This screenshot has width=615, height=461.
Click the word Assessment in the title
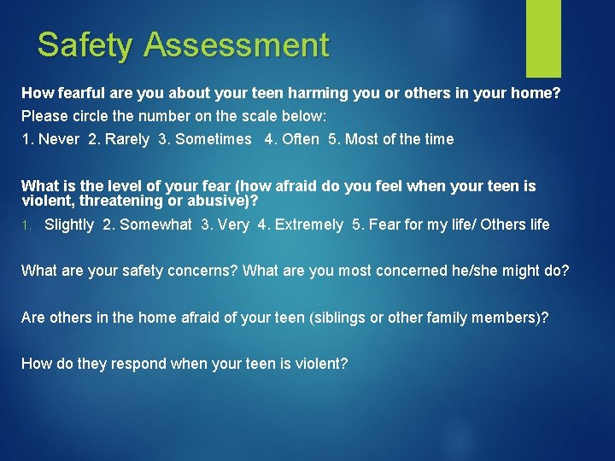237,44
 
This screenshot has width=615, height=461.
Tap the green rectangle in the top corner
543,38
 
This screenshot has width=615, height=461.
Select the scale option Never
58,139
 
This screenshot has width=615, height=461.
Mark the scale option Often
300,139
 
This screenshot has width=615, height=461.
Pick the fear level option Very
233,225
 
